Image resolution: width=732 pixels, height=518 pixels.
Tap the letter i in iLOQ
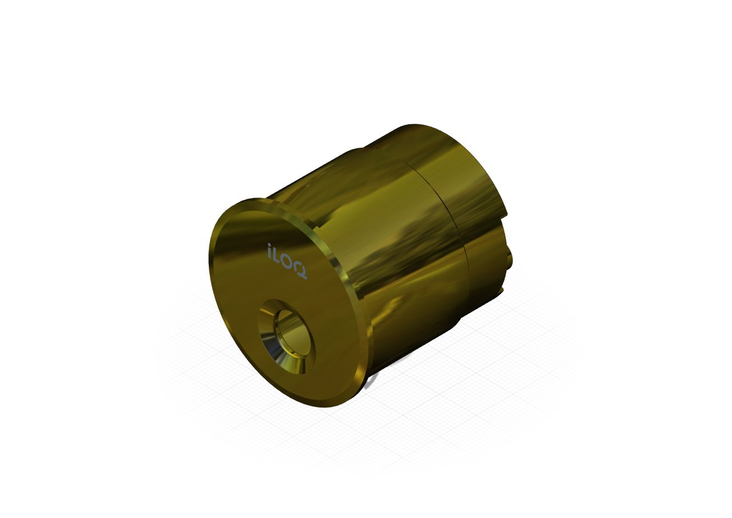coord(270,251)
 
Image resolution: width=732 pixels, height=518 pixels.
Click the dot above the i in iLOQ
coord(269,245)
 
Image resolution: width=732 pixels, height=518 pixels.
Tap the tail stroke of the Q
coord(305,278)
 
